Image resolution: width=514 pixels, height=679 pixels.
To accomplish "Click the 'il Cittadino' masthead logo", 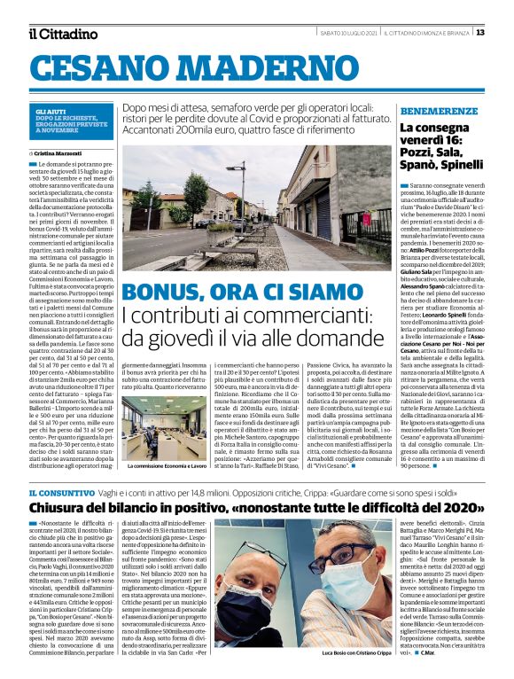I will [63, 35].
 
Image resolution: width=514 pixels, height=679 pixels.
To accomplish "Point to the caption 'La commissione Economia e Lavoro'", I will [163, 464].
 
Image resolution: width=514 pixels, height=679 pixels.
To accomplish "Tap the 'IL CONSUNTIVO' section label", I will [58, 492].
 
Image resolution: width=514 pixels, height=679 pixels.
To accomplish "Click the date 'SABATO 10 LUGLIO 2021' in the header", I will [349, 33].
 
